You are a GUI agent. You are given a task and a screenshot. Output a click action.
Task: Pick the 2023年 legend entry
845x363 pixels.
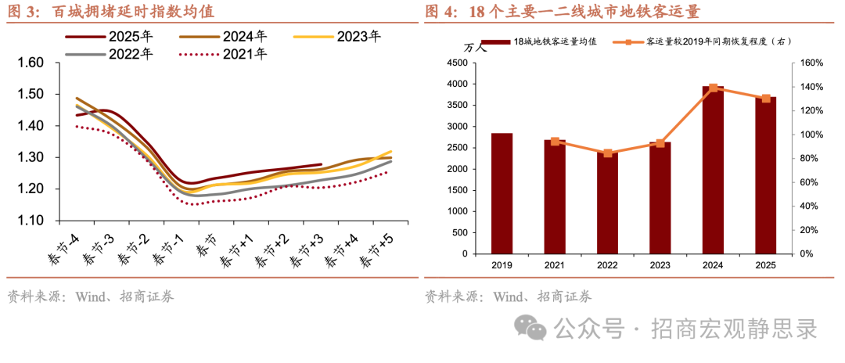tap(358, 36)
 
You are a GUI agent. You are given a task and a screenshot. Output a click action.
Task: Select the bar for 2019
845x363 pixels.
tap(502, 193)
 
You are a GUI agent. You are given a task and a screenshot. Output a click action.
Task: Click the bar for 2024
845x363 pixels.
tap(713, 170)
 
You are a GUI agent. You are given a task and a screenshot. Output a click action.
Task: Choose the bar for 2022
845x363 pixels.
tap(607, 203)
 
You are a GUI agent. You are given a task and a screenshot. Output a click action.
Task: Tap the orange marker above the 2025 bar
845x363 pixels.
tap(766, 99)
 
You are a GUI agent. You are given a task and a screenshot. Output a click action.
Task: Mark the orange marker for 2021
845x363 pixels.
tap(555, 142)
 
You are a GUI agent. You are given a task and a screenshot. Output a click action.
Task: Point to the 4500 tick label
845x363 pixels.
tap(456, 63)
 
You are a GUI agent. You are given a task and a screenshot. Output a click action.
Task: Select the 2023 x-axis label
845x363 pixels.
tap(660, 266)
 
